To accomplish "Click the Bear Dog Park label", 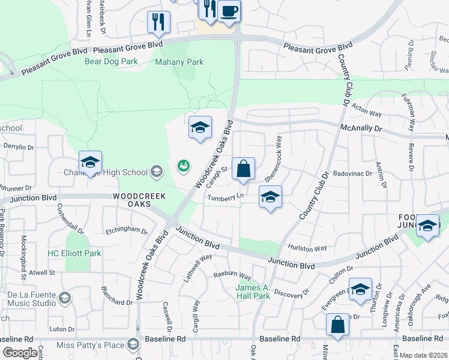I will (111, 61).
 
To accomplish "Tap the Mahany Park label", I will (179, 62).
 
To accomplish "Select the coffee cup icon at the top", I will (229, 10).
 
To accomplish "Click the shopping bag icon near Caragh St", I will (243, 170).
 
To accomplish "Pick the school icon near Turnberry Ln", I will (270, 197).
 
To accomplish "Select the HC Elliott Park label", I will (74, 254).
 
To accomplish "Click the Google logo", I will (20, 353).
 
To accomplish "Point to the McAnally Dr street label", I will (361, 128).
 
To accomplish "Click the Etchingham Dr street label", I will (126, 230).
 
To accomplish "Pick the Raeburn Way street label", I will (232, 274).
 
